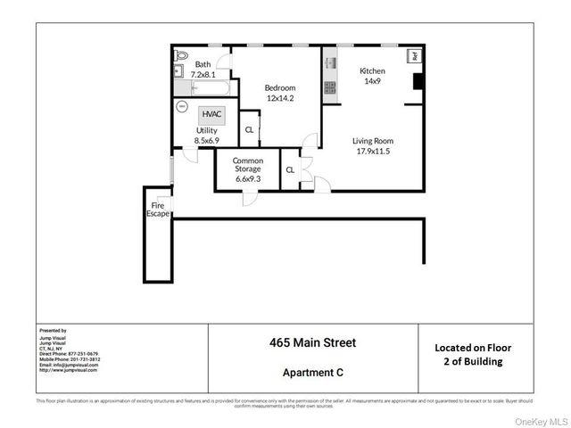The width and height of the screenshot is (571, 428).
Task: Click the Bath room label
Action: point(203,63)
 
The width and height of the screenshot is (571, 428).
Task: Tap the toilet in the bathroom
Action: point(178,53)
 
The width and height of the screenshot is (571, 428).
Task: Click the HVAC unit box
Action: point(211,115)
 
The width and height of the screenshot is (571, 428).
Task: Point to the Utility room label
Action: point(206,130)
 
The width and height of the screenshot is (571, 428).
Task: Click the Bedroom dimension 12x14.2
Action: point(279,97)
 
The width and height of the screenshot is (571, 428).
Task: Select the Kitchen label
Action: point(372,70)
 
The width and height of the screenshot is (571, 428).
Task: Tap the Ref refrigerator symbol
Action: point(414,56)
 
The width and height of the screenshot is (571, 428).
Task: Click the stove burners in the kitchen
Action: point(328,88)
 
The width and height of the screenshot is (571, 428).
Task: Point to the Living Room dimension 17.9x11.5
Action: point(372,151)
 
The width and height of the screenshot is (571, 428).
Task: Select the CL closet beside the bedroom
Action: point(249,130)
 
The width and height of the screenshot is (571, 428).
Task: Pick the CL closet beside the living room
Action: point(290,169)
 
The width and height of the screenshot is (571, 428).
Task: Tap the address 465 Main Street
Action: point(312,342)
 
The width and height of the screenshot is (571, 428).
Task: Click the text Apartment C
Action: point(312,372)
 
